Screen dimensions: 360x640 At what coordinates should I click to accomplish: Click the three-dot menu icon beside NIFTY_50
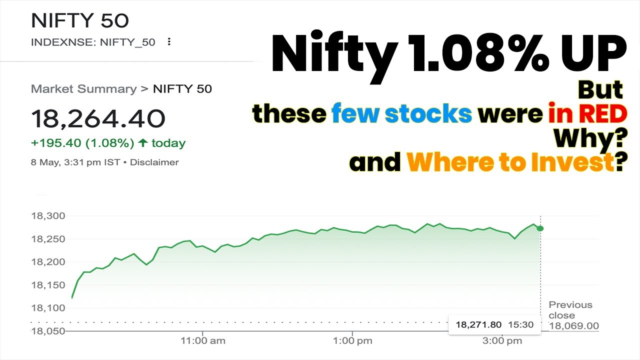pos(169,42)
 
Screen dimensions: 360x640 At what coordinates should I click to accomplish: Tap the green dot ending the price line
pos(540,228)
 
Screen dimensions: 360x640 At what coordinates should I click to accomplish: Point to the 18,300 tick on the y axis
pos(48,216)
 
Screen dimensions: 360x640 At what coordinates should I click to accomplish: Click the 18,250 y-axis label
pos(48,239)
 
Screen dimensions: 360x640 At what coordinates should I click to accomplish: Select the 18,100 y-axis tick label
pos(48,308)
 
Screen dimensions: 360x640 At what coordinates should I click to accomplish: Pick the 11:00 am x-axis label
pos(202,341)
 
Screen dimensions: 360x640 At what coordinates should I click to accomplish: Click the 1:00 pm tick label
pos(352,341)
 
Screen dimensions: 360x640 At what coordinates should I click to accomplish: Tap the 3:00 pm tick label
pos(502,341)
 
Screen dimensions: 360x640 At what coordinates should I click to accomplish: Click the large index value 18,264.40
pos(98,119)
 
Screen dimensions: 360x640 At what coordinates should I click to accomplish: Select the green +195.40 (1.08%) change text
pos(82,143)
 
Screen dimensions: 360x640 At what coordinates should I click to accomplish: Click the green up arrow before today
pos(143,143)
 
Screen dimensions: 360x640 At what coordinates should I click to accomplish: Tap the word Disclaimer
pos(154,162)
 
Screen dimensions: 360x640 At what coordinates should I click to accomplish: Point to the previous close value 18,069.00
pos(573,326)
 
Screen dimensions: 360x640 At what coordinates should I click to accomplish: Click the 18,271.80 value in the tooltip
pos(478,325)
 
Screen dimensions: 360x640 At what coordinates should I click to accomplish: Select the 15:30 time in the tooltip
pos(520,325)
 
